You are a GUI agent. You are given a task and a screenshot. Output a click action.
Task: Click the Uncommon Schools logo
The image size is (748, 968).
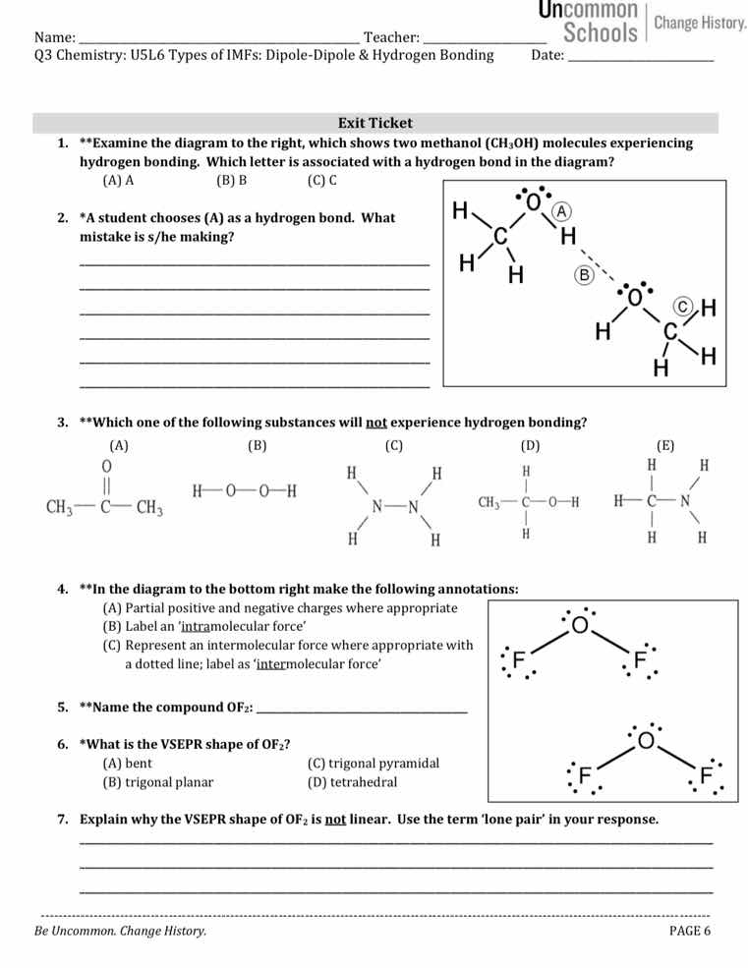click(x=590, y=23)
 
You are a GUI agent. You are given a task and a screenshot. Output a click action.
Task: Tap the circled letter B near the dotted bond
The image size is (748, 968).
click(x=581, y=276)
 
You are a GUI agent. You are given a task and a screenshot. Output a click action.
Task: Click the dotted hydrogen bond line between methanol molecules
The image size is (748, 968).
click(x=605, y=266)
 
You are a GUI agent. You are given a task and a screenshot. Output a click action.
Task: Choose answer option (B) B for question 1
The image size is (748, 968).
click(x=231, y=180)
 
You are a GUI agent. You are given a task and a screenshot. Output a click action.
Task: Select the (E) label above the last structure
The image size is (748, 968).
click(x=665, y=445)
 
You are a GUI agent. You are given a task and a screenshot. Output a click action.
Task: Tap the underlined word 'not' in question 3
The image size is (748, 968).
click(x=376, y=423)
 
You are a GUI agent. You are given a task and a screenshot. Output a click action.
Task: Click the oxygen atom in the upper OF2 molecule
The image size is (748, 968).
click(x=580, y=625)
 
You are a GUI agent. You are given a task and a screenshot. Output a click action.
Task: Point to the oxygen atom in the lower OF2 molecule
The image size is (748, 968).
click(x=646, y=740)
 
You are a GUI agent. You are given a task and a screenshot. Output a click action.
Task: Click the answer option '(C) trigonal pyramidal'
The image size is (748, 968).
click(x=374, y=763)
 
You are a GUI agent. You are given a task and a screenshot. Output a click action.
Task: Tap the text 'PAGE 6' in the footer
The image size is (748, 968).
click(x=689, y=932)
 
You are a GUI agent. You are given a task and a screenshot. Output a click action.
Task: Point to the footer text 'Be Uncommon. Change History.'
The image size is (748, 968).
click(x=120, y=932)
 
